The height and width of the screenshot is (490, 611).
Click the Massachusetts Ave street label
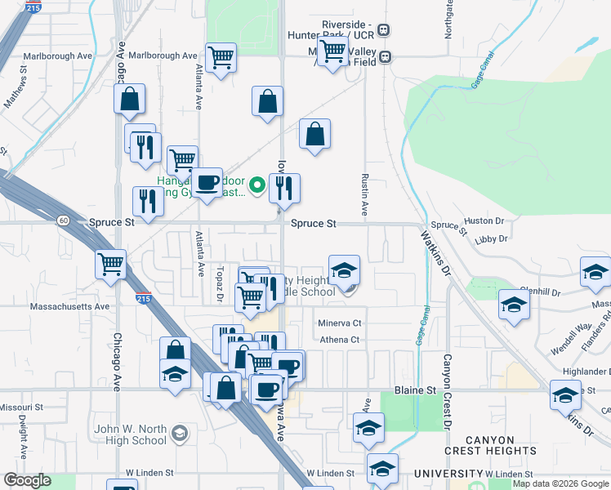pyautogui.click(x=69, y=307)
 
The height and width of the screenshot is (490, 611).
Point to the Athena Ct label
pyautogui.click(x=339, y=340)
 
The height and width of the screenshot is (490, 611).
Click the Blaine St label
pyautogui.click(x=415, y=390)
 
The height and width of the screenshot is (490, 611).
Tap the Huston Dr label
pyautogui.click(x=484, y=220)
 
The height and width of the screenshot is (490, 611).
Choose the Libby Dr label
pyautogui.click(x=491, y=239)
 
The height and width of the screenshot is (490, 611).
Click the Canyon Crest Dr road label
pyautogui.click(x=448, y=392)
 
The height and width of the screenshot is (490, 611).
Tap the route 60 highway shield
pyautogui.click(x=64, y=220)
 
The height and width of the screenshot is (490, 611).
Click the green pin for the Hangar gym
pyautogui.click(x=258, y=185)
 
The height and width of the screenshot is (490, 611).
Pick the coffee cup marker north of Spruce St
pyautogui.click(x=207, y=183)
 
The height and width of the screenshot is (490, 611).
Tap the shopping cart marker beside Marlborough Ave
pyautogui.click(x=221, y=57)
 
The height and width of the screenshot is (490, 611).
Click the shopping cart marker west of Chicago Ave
pyautogui.click(x=110, y=263)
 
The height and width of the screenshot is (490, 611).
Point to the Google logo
pyautogui.click(x=28, y=480)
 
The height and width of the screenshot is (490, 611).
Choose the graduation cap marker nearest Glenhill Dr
pyautogui.click(x=514, y=305)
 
